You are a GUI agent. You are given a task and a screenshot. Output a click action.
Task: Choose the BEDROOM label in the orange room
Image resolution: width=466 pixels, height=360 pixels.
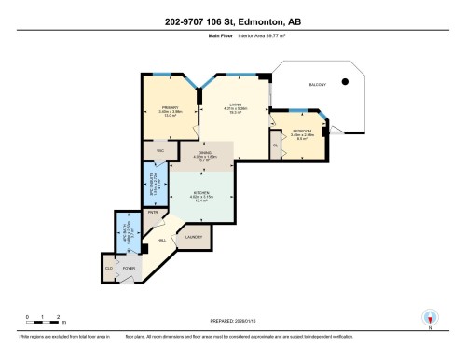[302, 131]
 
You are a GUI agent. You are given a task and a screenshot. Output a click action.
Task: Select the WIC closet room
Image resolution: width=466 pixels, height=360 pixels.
[160, 150]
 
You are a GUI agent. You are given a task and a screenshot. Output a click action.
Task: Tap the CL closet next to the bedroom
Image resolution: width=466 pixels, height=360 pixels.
[276, 145]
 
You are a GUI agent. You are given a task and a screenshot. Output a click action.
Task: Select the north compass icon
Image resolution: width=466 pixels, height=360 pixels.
[430, 319]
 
